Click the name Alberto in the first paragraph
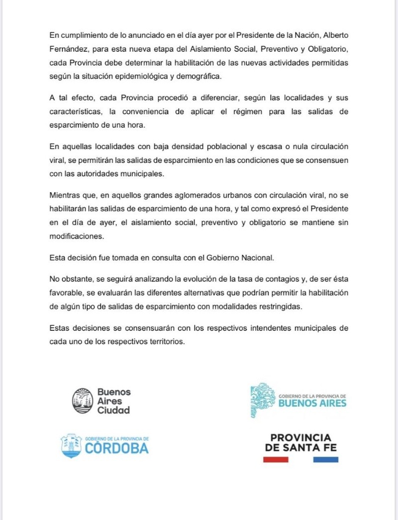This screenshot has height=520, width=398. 335,35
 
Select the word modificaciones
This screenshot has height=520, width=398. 77,237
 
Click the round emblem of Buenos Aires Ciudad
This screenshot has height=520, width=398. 82,400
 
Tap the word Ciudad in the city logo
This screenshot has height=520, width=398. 113,410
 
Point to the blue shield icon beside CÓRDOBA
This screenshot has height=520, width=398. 71,445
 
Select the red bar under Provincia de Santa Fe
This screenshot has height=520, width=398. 276,459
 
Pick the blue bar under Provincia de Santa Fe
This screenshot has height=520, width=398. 326,459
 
